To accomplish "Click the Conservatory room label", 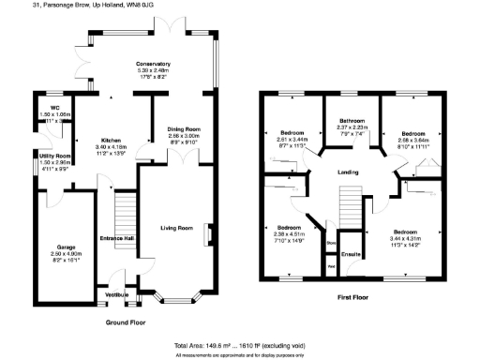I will (154, 64).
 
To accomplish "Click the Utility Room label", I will (54, 156).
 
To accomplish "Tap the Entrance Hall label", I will (118, 238).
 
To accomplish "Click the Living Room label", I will (175, 227).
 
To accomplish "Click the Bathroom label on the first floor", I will (352, 120).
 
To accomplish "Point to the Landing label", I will (351, 171).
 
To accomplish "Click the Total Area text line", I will (240, 345).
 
